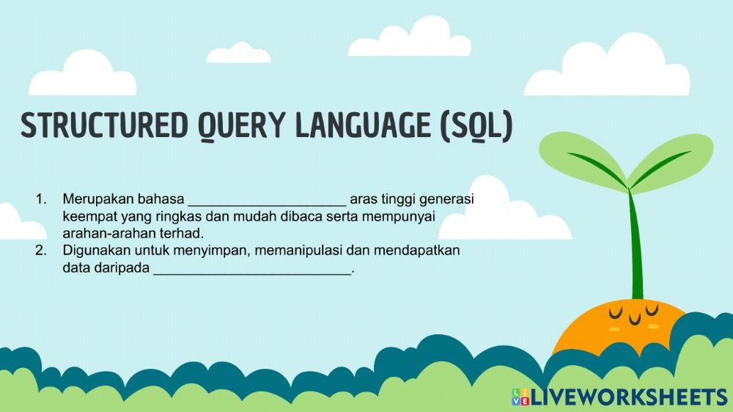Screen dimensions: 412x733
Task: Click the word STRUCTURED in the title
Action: pyautogui.click(x=103, y=127)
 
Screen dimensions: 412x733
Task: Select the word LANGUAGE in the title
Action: pyautogui.click(x=364, y=127)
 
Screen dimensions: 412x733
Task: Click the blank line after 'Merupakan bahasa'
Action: pyautogui.click(x=267, y=199)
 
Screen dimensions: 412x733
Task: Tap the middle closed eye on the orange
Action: pyautogui.click(x=635, y=319)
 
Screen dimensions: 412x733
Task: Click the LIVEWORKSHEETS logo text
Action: pyautogui.click(x=628, y=397)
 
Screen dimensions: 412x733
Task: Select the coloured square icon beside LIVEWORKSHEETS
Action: pyautogui.click(x=520, y=397)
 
